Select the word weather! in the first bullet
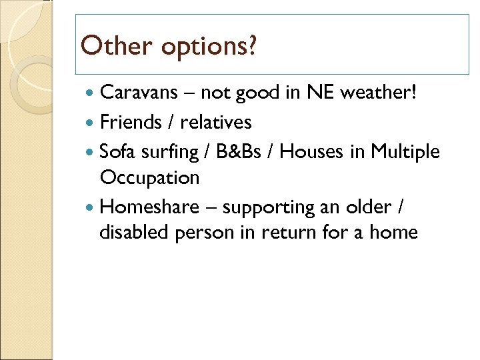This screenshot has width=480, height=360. click(381, 92)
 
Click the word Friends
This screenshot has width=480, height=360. click(131, 122)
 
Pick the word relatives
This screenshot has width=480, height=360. click(216, 122)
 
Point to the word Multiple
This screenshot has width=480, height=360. click(405, 152)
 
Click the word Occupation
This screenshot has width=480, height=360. click(149, 178)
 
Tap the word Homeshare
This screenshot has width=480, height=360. click(149, 207)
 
